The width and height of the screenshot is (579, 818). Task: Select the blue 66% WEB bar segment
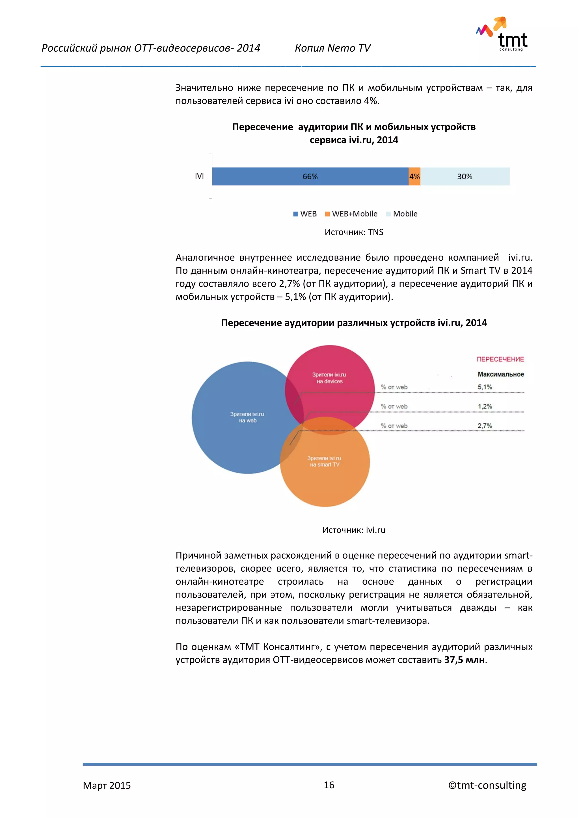(x=310, y=176)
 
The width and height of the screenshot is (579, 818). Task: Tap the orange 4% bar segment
(x=414, y=176)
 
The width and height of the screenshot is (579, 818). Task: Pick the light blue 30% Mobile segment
(x=465, y=176)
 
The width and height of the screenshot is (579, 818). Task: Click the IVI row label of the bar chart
(x=199, y=176)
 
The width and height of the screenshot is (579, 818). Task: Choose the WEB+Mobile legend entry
(x=351, y=214)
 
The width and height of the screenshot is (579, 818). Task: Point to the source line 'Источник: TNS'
(x=354, y=232)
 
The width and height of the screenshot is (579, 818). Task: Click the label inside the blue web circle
(x=247, y=417)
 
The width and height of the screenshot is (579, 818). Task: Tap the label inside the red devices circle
(x=329, y=378)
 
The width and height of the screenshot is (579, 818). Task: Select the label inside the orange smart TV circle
(x=324, y=461)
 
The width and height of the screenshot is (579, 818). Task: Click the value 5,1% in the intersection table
(x=485, y=387)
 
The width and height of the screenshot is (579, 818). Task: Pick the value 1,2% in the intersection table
(x=485, y=406)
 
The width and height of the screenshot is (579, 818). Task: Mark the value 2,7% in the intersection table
(x=485, y=426)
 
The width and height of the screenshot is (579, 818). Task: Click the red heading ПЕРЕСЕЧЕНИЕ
(x=500, y=359)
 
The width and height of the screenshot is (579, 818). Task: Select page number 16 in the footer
(x=329, y=785)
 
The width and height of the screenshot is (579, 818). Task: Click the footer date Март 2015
(x=107, y=786)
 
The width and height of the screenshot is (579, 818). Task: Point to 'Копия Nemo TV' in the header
(x=332, y=48)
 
